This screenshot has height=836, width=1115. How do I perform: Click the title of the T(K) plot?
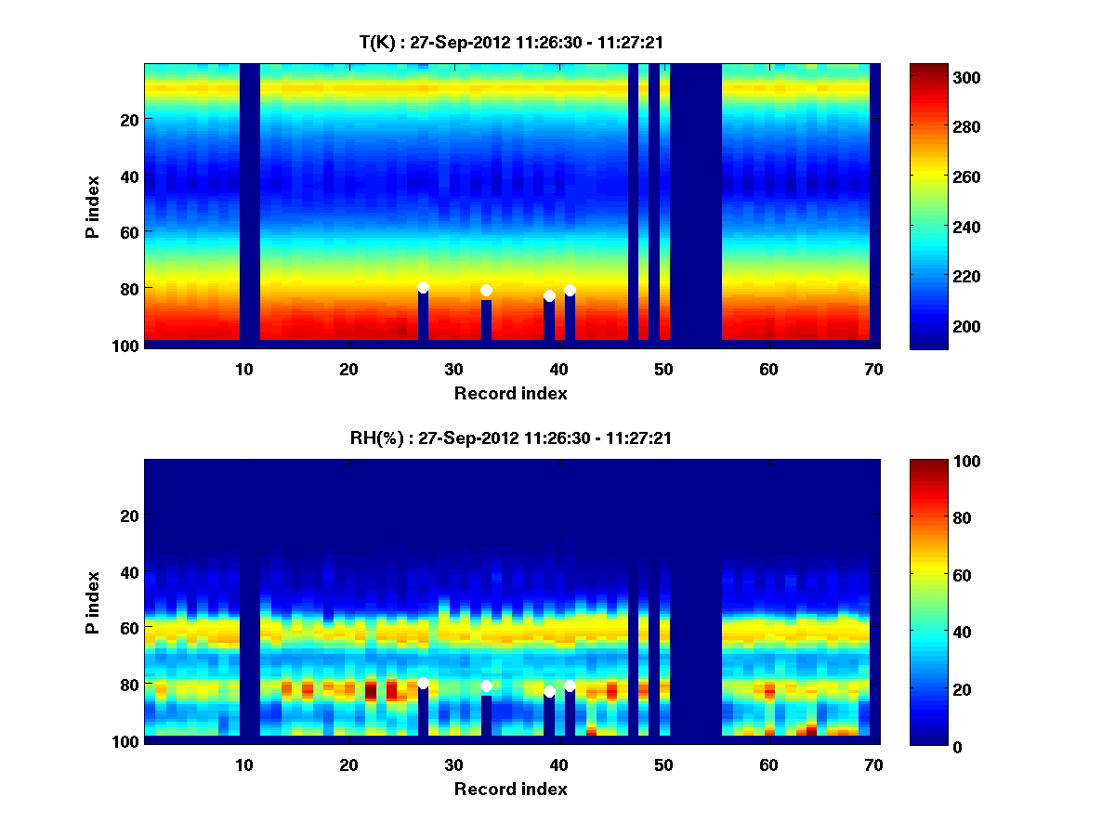(x=510, y=42)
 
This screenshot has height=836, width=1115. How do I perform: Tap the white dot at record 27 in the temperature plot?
(x=423, y=288)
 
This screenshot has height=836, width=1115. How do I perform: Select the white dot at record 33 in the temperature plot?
(x=486, y=291)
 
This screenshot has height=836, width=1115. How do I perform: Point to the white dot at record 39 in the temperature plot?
(x=549, y=296)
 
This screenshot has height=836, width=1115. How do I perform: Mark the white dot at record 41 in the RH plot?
(x=570, y=686)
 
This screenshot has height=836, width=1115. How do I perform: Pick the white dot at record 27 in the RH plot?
(x=423, y=684)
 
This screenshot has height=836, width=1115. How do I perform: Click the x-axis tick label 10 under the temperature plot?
(x=243, y=370)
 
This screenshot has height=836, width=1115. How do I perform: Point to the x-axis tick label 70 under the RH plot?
(x=873, y=765)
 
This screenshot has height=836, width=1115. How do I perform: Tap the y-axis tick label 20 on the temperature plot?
(x=128, y=119)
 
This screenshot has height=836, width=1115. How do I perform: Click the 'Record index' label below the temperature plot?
(x=510, y=393)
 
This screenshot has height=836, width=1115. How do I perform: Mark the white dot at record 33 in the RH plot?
(x=486, y=686)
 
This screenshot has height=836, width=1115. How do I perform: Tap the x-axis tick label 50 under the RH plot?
(x=663, y=765)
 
